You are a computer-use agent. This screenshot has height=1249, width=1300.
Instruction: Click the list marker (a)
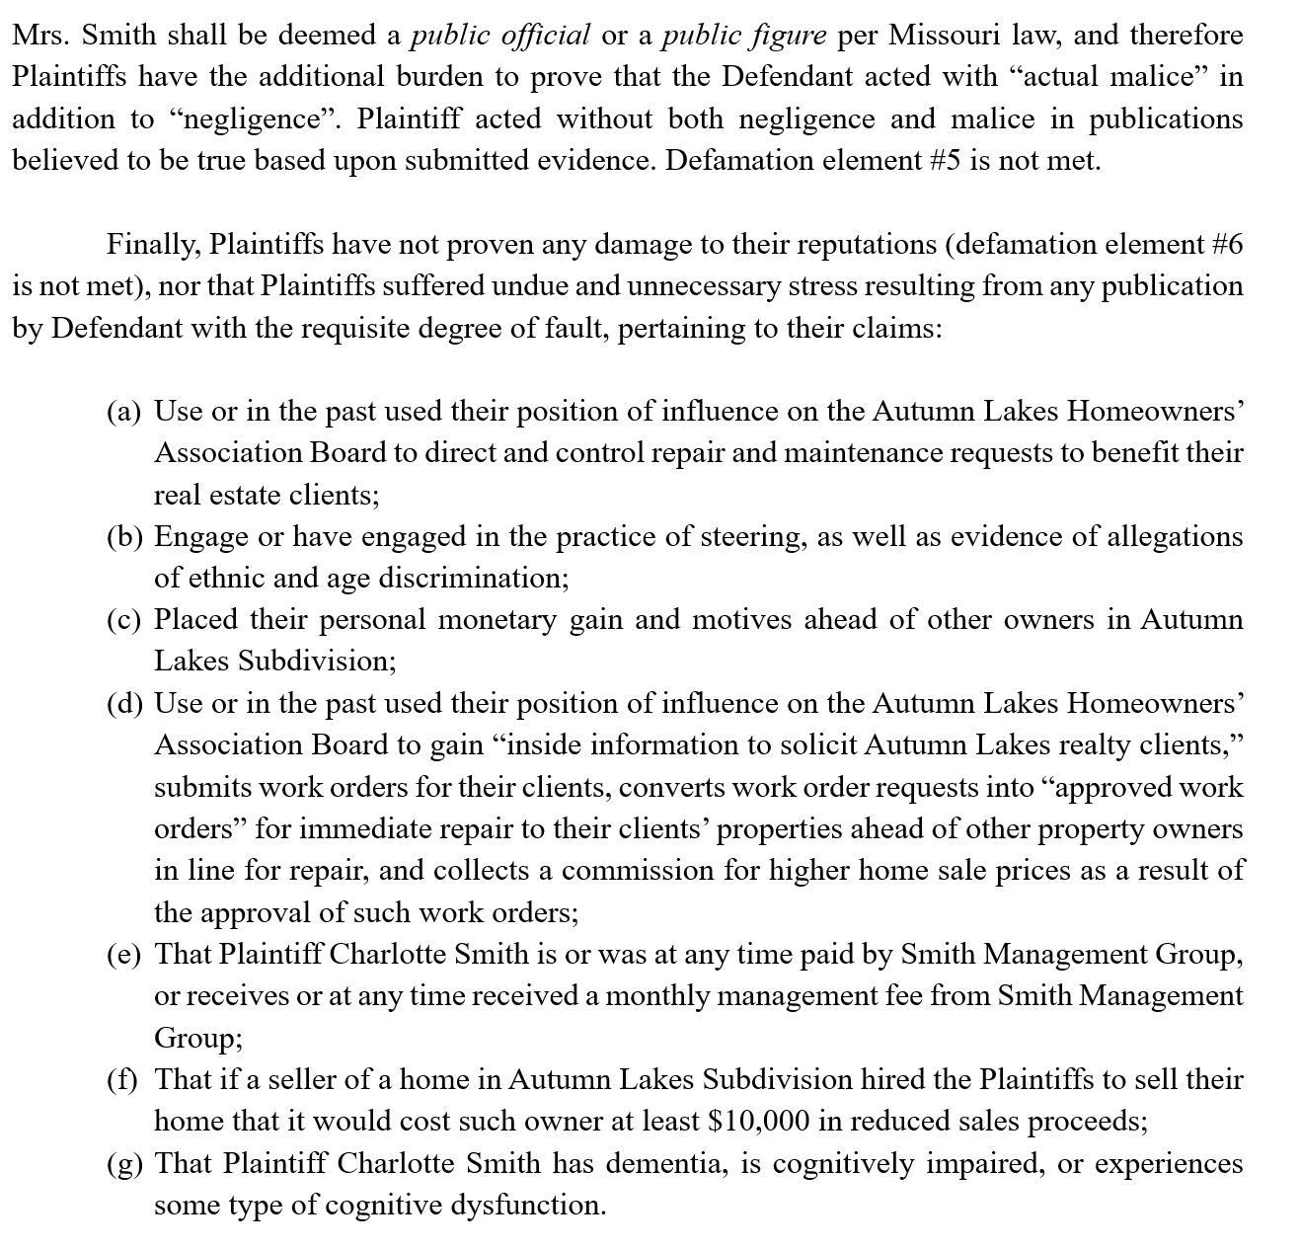[x=124, y=412]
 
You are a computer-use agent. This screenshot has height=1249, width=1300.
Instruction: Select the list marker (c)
[x=124, y=620]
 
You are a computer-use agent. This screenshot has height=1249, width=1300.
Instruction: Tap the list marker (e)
[x=124, y=955]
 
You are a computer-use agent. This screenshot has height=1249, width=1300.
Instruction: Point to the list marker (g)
[x=124, y=1164]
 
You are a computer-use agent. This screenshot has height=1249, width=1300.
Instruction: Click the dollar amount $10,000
[x=760, y=1122]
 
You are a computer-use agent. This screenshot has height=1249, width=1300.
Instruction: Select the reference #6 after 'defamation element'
[x=1223, y=244]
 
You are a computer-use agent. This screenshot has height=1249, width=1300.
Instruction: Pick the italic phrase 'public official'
[x=500, y=36]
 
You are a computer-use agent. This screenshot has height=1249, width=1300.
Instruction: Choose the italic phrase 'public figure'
[x=743, y=36]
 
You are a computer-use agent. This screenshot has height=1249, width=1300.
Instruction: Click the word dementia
[x=668, y=1164]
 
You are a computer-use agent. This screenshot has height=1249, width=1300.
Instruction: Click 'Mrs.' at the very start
[x=40, y=36]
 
